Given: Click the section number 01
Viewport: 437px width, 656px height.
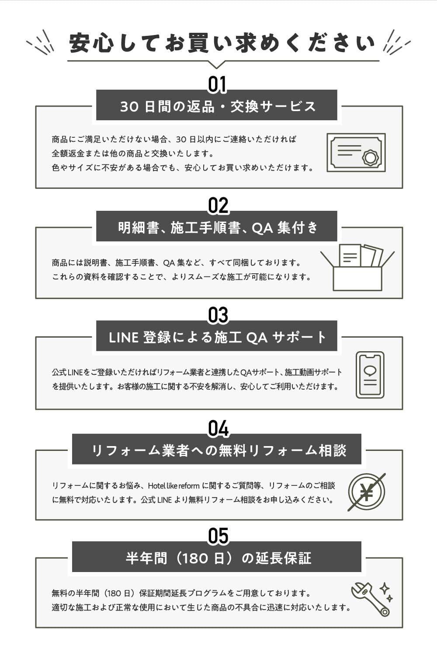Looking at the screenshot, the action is point(217,84).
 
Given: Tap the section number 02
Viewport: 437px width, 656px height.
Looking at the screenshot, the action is point(218,206).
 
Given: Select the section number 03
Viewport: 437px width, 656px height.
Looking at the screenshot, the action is point(218,315).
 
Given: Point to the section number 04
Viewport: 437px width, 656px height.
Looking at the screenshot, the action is point(218,429).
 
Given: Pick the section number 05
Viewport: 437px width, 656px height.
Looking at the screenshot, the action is point(218,536).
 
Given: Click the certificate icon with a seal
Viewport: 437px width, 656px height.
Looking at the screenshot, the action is point(356,153).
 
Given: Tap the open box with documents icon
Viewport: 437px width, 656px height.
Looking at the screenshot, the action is point(357,267).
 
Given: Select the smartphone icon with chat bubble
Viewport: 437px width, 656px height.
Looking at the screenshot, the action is point(370,375).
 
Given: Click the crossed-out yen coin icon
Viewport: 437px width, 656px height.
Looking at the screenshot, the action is point(367,492).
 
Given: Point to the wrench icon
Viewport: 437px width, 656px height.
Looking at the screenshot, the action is point(370,599).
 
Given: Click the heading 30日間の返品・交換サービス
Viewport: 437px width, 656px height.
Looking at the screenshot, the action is point(217,106).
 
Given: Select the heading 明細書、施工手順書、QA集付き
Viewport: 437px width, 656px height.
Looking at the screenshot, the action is point(217,227).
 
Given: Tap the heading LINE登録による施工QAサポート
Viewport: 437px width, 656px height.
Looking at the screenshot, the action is point(217,337).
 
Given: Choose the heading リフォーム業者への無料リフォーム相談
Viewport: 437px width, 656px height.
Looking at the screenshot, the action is point(217,450).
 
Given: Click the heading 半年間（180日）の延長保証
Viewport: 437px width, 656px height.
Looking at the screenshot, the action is point(217,558).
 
